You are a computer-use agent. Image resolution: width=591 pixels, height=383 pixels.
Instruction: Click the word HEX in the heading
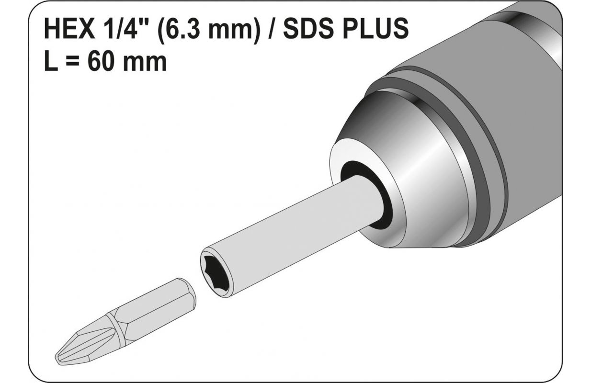coord(70,29)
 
